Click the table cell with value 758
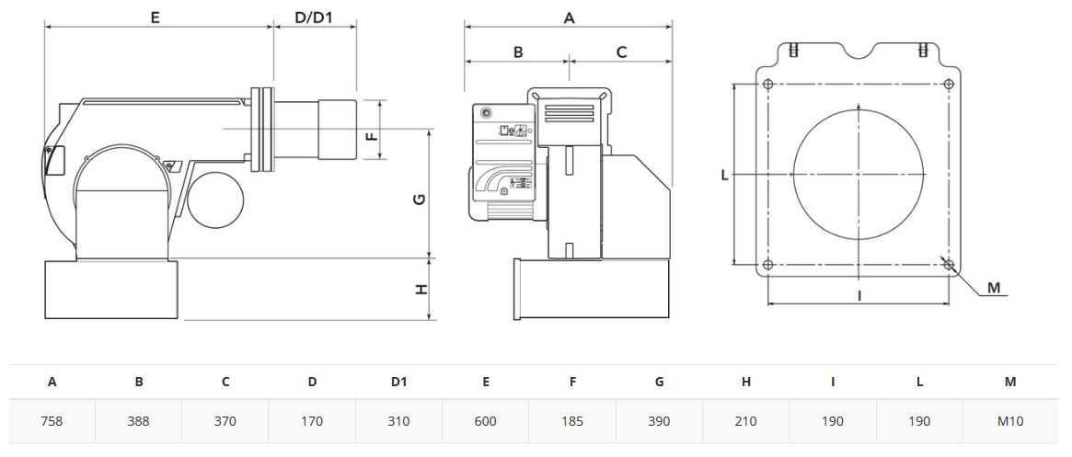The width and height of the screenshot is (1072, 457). (x=52, y=421)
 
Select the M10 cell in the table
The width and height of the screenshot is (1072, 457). (x=1009, y=421)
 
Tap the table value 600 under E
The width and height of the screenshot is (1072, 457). (x=486, y=421)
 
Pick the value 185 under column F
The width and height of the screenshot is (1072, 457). (x=572, y=421)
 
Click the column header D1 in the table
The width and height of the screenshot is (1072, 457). (x=398, y=382)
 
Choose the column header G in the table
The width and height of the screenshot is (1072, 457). (x=659, y=382)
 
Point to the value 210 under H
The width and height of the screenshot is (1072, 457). (x=746, y=421)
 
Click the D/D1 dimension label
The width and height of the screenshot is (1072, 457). (x=314, y=17)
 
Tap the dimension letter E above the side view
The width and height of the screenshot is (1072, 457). (x=156, y=17)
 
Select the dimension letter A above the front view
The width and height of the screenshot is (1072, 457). (x=568, y=18)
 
